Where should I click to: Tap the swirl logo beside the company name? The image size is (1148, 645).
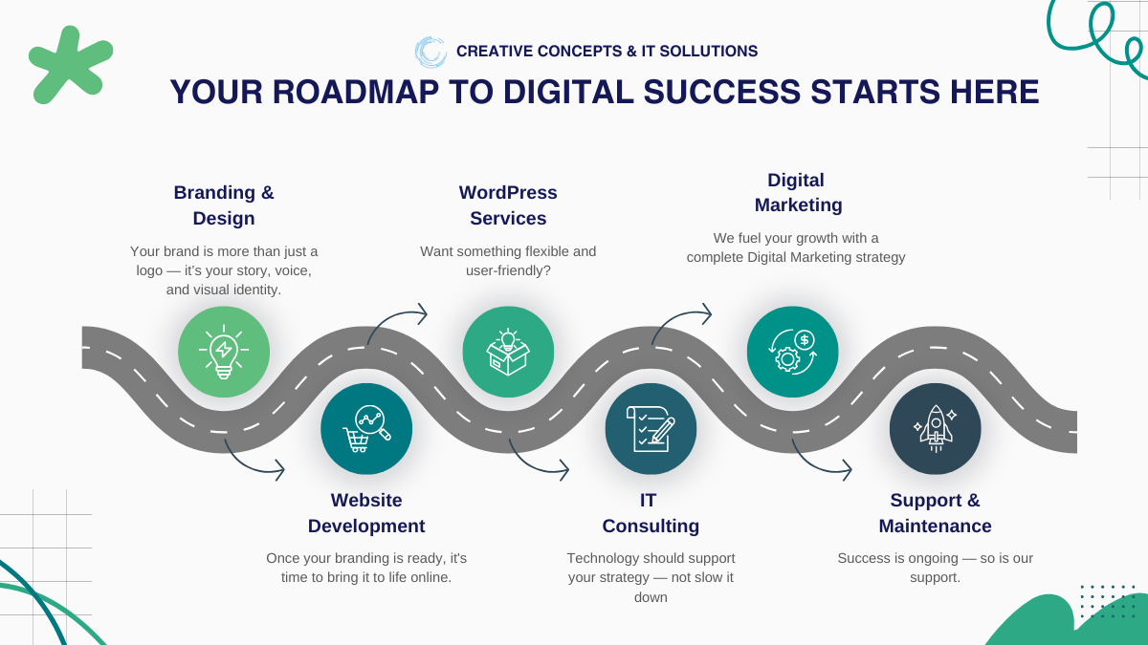[x=430, y=52]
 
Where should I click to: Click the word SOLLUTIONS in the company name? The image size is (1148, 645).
[x=708, y=52]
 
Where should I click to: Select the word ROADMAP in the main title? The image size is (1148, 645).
[x=355, y=92]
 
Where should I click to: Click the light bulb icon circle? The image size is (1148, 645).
[x=224, y=352]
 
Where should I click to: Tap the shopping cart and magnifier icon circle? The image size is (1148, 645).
[x=366, y=429]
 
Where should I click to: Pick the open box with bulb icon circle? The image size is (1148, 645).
[x=508, y=352]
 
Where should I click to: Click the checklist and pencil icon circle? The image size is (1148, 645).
[x=651, y=429]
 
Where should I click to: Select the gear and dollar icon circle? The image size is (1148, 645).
[x=793, y=352]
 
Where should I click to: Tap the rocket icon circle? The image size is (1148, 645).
[x=936, y=429]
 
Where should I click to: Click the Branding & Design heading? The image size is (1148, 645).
[x=224, y=205]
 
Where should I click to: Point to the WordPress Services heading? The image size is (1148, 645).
[x=508, y=205]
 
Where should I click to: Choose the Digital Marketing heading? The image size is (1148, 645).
[x=798, y=192]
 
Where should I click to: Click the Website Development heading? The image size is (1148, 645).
[x=366, y=513]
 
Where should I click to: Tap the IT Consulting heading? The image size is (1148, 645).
[x=651, y=513]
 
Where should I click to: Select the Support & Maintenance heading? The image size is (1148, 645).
[x=936, y=513]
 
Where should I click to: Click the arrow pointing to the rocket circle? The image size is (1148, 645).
[x=814, y=464]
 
